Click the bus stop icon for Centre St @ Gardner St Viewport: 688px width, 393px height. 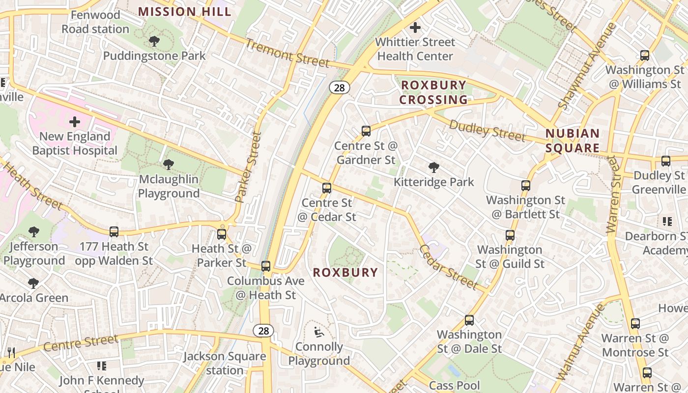tap(366, 131)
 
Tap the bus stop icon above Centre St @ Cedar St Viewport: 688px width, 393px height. tap(327, 188)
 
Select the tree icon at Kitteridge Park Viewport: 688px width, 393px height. tap(433, 168)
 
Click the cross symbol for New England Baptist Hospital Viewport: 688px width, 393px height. tap(75, 121)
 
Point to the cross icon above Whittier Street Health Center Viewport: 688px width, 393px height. tap(415, 28)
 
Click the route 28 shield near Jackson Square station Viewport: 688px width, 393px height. tap(263, 331)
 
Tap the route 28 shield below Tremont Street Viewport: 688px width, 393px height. tap(339, 87)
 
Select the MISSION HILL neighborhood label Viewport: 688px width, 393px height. tap(184, 11)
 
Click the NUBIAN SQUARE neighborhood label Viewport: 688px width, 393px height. tap(573, 140)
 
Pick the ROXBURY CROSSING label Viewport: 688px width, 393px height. tap(433, 92)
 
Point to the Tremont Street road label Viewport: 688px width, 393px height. tap(287, 53)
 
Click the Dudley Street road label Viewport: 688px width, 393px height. tap(487, 131)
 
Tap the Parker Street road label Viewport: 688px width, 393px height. tap(248, 167)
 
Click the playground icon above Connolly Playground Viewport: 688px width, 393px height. tap(319, 332)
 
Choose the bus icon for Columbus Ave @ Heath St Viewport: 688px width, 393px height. tap(266, 266)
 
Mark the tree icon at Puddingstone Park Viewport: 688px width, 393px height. tap(154, 41)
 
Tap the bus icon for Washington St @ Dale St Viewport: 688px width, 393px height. tap(469, 320)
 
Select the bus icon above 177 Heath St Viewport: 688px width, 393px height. tap(114, 231)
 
